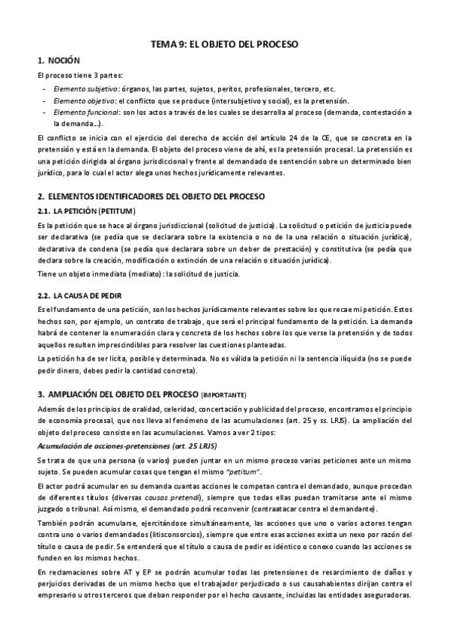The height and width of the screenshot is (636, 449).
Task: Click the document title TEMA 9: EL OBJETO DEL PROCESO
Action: [224, 44]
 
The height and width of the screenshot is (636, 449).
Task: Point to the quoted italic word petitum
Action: [241, 471]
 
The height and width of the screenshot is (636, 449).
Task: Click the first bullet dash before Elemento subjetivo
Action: [43, 88]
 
